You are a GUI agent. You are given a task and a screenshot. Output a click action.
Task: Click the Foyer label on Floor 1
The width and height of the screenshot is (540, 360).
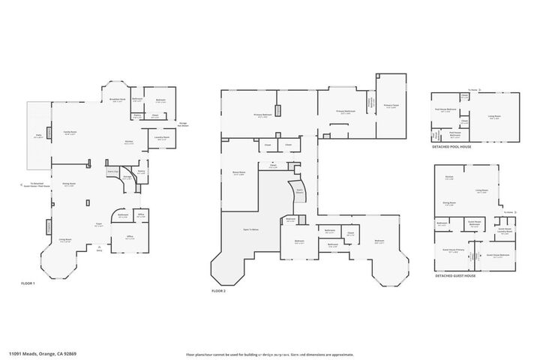coord(98,224)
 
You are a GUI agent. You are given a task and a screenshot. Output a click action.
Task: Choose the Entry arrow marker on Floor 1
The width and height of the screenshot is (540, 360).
coord(98,248)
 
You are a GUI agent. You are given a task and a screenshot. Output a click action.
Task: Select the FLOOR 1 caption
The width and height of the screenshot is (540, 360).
coord(28,283)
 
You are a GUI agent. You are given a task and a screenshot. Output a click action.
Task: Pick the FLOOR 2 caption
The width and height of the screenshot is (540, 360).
coord(219,289)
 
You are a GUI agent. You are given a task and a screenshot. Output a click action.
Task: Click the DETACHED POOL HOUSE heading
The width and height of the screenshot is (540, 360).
coord(452,147)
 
